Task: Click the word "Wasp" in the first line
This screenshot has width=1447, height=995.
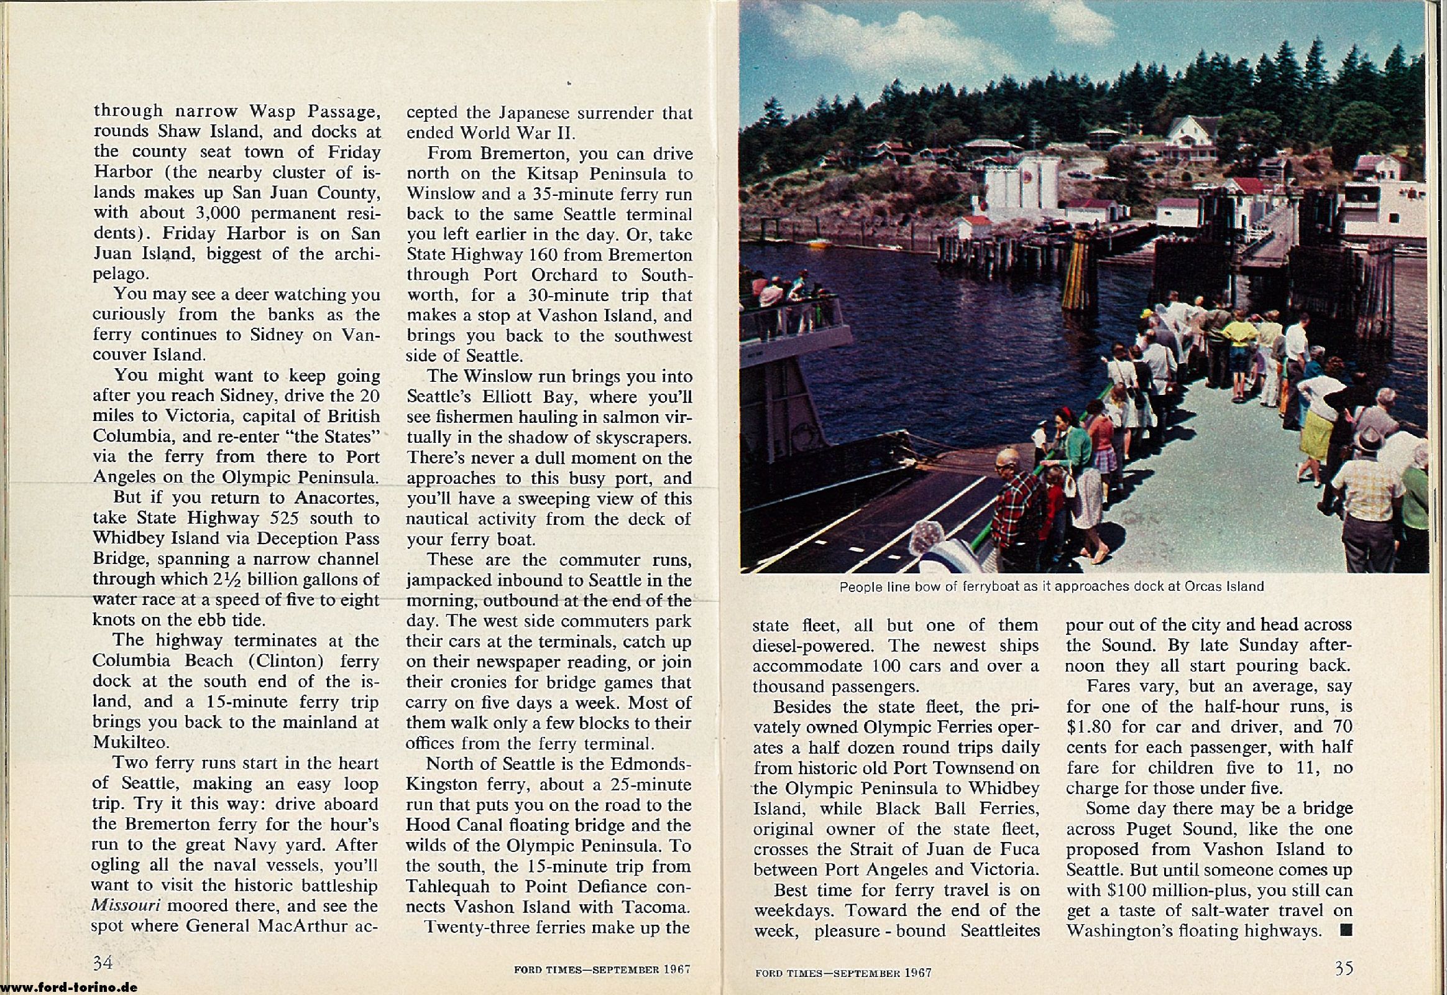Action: (272, 111)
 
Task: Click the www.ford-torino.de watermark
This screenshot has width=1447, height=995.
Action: (68, 988)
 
